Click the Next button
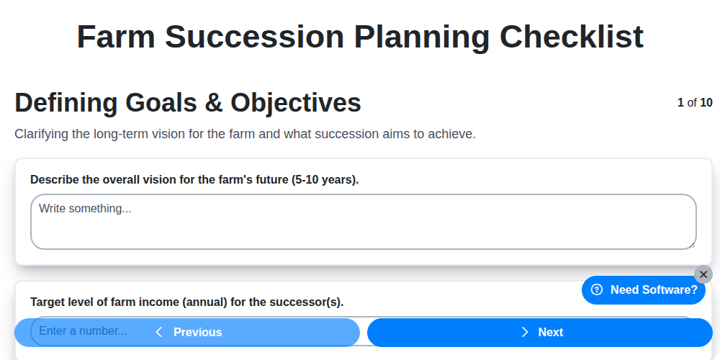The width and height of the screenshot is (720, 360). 540,332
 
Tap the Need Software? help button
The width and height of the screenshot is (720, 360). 644,289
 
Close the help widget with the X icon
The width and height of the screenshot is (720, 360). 703,274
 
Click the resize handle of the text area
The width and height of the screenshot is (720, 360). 691,245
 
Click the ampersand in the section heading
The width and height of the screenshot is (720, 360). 214,103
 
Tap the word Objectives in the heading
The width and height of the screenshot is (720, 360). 296,103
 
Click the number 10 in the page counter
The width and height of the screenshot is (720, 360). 706,102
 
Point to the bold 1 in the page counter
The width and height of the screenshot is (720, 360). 680,102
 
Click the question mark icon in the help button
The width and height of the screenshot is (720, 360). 596,289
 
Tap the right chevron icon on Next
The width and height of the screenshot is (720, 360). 525,332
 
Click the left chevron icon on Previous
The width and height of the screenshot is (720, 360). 159,332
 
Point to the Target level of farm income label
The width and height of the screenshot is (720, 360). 186,302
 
